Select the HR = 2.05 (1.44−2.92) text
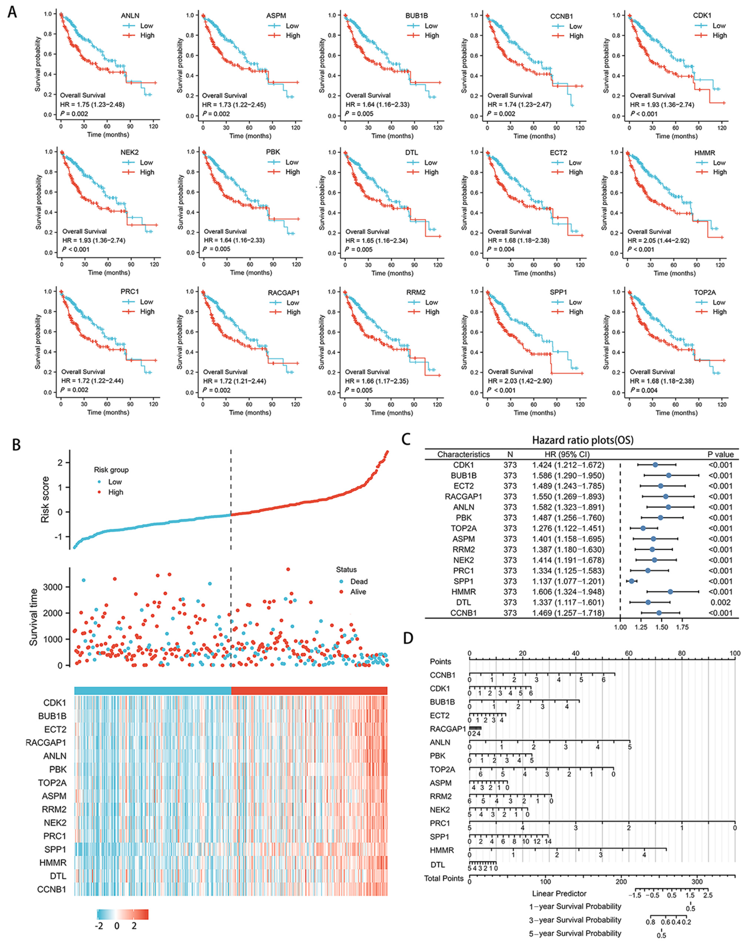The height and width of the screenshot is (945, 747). pyautogui.click(x=660, y=240)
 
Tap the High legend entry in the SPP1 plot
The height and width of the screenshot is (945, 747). pyautogui.click(x=576, y=312)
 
